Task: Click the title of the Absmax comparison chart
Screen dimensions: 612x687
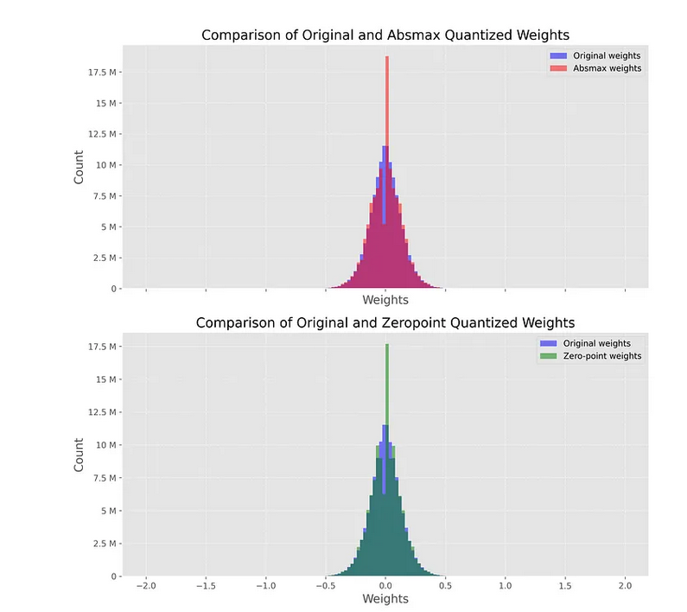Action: tap(385, 35)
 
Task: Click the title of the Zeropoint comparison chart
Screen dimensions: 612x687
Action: tap(385, 322)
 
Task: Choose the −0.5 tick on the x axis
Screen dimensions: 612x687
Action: tap(325, 586)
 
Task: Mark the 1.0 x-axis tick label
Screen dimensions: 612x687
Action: tap(505, 586)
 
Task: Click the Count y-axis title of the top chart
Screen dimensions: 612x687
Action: tap(80, 166)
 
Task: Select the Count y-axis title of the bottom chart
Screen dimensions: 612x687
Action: tap(80, 453)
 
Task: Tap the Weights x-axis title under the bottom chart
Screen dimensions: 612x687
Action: tap(385, 598)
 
